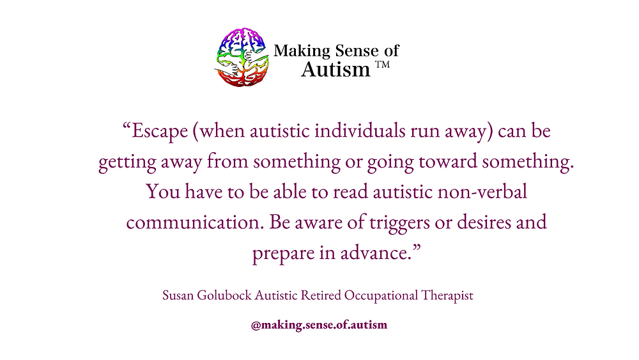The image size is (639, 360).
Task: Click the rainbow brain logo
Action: point(242,57)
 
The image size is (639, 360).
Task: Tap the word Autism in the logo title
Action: point(335,69)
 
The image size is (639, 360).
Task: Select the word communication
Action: point(192,223)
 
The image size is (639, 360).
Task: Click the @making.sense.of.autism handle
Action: point(319,325)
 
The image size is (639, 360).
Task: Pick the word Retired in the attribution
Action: point(321,296)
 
